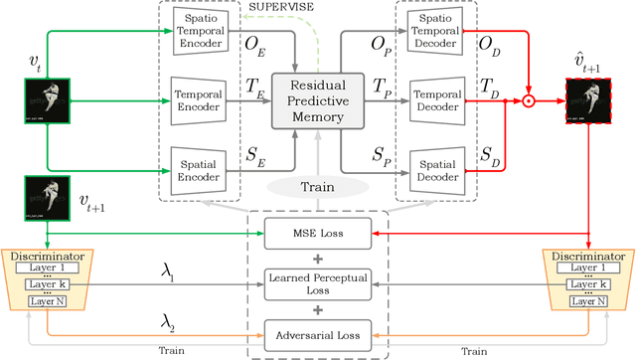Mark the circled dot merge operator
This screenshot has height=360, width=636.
point(530,100)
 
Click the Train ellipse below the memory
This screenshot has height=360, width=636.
point(318,186)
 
